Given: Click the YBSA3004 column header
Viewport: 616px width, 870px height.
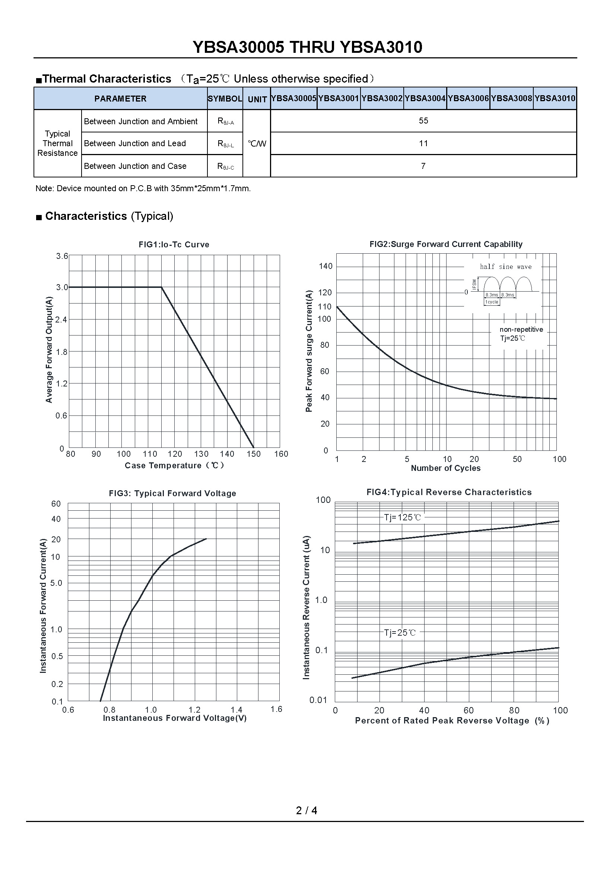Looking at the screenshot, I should coord(425,99).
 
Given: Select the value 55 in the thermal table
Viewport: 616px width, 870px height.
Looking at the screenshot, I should coord(423,121).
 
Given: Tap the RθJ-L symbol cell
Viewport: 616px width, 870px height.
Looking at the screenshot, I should coord(225,144).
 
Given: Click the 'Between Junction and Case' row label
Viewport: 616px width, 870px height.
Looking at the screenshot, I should coord(135,166).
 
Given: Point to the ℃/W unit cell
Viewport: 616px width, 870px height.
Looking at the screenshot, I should coord(257,144).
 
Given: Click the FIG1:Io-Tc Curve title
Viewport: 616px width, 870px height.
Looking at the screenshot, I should coord(174,244).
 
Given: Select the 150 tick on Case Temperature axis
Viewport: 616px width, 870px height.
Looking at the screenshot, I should coord(254,454).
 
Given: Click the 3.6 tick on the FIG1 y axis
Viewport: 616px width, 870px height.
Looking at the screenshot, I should coord(62,256).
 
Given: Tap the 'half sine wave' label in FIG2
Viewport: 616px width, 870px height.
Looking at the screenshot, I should coord(506,267).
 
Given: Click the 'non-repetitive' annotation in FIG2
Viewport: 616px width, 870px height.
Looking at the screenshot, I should coord(521,330).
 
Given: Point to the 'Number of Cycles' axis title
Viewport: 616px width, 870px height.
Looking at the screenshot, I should coord(446,468).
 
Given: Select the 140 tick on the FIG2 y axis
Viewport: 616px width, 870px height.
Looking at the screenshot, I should coord(326,266).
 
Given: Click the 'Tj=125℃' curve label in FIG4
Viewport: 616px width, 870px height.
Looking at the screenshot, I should coord(402,517).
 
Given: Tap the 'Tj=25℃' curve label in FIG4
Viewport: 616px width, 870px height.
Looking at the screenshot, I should coord(400,632).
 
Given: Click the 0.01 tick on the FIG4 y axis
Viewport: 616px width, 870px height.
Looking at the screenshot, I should coord(318,700).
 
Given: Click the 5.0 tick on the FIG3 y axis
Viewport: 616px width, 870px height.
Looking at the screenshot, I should coord(56,583).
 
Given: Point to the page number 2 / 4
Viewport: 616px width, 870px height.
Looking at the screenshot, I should coord(307,810).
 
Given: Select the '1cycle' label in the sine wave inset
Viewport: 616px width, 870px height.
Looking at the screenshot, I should coord(492,302).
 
